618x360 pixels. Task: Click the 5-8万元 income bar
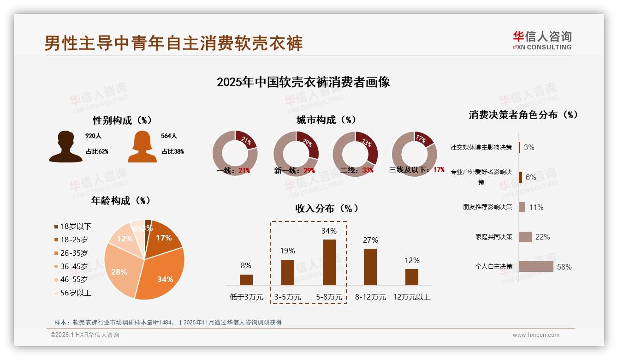(x=329, y=262)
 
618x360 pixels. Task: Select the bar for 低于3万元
(x=246, y=280)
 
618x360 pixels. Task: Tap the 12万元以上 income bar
(x=412, y=277)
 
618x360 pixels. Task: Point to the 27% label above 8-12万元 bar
(x=370, y=240)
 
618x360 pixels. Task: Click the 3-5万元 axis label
(x=287, y=297)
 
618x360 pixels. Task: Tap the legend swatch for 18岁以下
(x=56, y=226)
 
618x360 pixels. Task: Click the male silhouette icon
(x=65, y=147)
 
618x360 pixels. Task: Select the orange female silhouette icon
(x=142, y=147)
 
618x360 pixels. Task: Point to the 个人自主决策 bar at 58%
(x=536, y=267)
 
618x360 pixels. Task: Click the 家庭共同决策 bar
(x=525, y=237)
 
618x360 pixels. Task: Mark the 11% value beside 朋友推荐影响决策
(x=536, y=207)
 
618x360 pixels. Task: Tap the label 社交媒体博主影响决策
(x=481, y=147)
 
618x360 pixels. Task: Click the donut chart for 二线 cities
(x=355, y=154)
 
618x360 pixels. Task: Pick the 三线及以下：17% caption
(x=417, y=170)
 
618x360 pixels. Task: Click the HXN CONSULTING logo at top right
(x=542, y=40)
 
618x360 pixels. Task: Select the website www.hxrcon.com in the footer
(x=536, y=335)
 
